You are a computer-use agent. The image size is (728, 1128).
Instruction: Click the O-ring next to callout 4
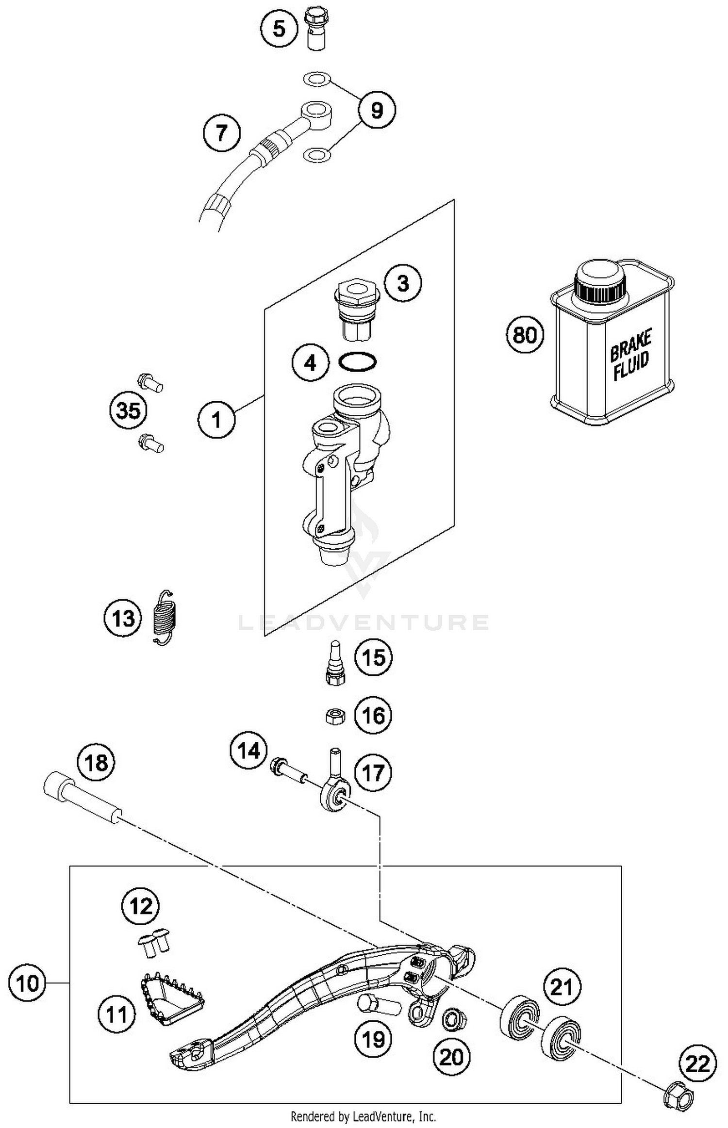[358, 362]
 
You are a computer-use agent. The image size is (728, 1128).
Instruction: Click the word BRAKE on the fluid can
[630, 345]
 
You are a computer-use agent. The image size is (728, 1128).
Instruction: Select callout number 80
[525, 335]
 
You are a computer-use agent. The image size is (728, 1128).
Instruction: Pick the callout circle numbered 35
[128, 410]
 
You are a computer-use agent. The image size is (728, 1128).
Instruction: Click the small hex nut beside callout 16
[334, 716]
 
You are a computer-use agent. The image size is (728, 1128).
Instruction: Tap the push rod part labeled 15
[335, 663]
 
